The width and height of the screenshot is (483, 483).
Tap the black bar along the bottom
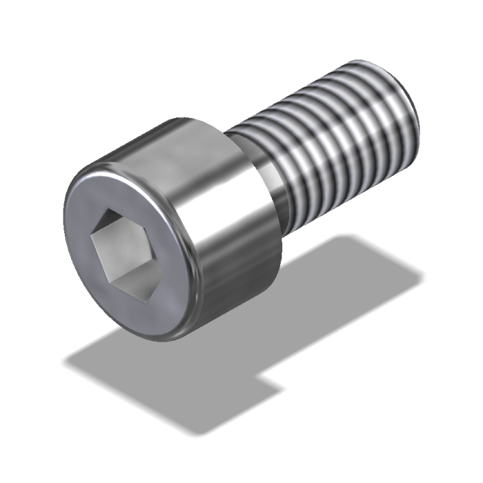[241, 466]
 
